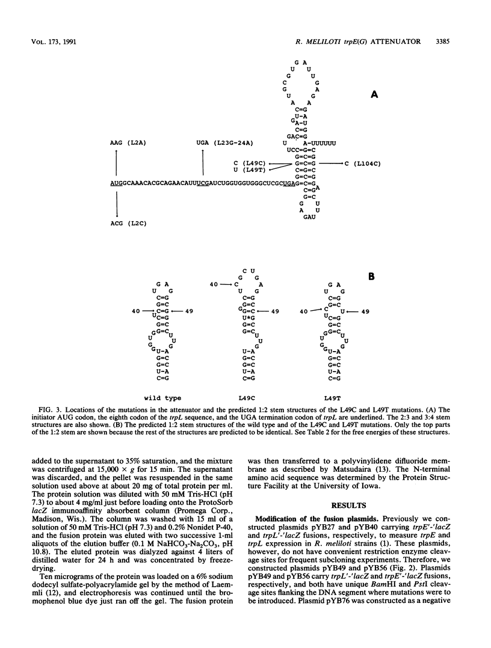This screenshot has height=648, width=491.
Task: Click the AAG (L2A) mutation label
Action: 123,142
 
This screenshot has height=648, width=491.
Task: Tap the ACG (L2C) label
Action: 123,223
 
